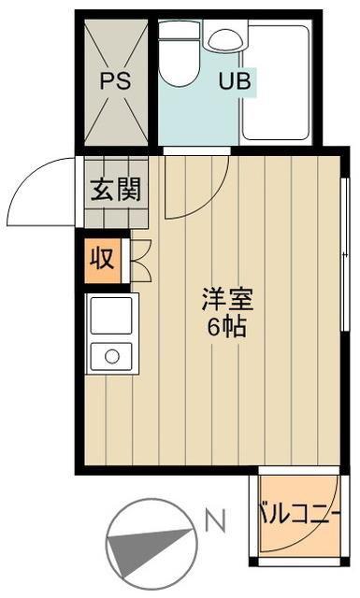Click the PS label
pyautogui.click(x=115, y=80)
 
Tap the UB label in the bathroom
pyautogui.click(x=235, y=80)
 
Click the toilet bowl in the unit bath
pyautogui.click(x=179, y=63)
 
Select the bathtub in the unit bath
pyautogui.click(x=276, y=82)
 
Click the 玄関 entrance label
pyautogui.click(x=116, y=189)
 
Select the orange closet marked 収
pyautogui.click(x=102, y=261)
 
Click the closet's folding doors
pyautogui.click(x=141, y=261)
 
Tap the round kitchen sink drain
pyautogui.click(x=112, y=357)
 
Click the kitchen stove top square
pyautogui.click(x=111, y=316)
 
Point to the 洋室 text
pyautogui.click(x=227, y=300)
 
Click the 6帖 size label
pyautogui.click(x=226, y=326)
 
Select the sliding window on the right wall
pyautogui.click(x=345, y=254)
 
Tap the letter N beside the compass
pyautogui.click(x=216, y=520)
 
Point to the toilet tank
pyautogui.click(x=179, y=30)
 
